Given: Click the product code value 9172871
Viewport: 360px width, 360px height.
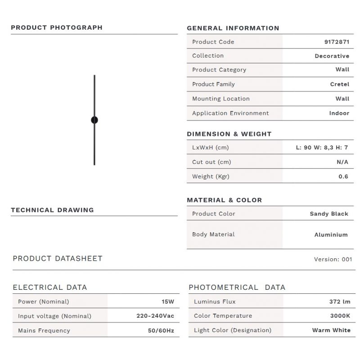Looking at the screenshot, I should tap(337, 42).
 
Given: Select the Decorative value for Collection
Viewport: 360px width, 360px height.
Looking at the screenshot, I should tap(332, 56).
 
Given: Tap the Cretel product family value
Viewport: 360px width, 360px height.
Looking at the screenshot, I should tap(339, 84).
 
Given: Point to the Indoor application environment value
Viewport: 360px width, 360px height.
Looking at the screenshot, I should tap(339, 113).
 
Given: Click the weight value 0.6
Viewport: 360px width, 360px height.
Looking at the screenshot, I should tap(343, 176).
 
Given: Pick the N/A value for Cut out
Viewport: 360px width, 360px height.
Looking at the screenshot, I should tap(342, 162).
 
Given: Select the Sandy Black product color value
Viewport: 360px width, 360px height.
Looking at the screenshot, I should tap(329, 214).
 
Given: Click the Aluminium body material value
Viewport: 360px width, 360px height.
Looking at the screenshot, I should tap(331, 234).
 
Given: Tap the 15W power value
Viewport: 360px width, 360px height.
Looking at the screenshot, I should tap(168, 301).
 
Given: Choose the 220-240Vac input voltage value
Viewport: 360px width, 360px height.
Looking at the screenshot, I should tap(155, 316).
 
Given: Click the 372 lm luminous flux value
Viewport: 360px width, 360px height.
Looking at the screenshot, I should tap(340, 301).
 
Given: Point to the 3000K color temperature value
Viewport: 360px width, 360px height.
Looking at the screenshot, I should tap(340, 316).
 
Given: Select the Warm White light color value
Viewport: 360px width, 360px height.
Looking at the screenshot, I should tap(331, 330).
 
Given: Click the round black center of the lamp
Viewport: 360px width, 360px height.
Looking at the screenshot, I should tap(94, 120).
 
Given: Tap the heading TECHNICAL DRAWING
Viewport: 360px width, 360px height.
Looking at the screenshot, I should tap(52, 210).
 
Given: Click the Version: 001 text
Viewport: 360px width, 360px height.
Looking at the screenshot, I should tap(333, 259).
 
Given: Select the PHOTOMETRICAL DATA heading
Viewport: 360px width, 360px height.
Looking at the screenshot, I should tap(237, 287).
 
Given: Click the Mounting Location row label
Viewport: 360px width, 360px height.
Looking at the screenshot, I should tap(220, 99).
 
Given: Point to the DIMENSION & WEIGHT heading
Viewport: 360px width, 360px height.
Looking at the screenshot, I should tap(229, 134).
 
